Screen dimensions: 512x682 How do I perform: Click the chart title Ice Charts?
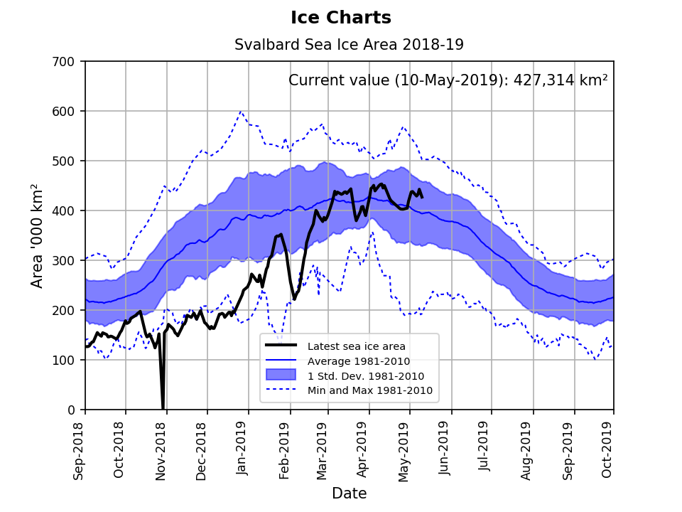tap(341, 18)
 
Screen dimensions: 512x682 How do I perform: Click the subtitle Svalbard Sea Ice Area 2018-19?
tap(349, 45)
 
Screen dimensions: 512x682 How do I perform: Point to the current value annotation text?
tap(448, 80)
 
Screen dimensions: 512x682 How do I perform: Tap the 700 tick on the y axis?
tap(68, 62)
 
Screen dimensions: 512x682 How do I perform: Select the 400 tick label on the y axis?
tap(68, 211)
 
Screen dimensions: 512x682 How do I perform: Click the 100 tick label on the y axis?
tap(68, 361)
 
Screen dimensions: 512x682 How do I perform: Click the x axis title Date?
tap(349, 494)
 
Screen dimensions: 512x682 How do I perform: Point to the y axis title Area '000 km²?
tap(38, 235)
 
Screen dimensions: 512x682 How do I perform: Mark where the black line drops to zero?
tap(163, 408)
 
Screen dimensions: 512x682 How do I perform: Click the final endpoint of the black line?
tap(422, 197)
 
